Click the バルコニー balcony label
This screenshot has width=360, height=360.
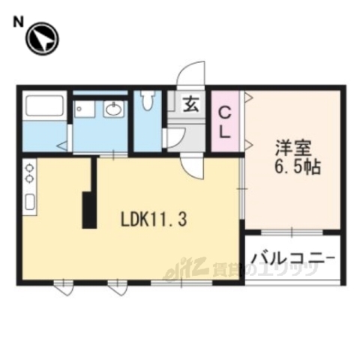point(293,259)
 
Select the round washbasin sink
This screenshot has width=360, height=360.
point(113,112)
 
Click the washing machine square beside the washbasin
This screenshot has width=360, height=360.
point(83,111)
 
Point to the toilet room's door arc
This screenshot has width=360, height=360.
point(172,138)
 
